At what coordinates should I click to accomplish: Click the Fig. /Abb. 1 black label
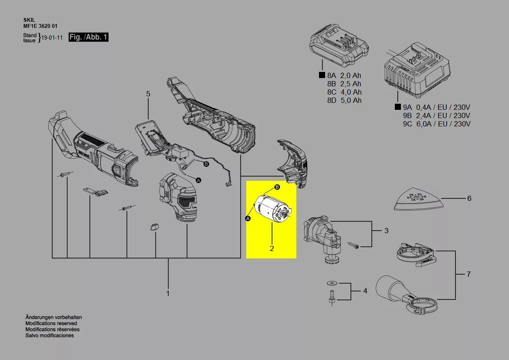[88, 37]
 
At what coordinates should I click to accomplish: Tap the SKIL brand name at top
[29, 20]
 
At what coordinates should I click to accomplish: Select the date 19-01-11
[52, 37]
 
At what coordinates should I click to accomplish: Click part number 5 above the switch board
[148, 94]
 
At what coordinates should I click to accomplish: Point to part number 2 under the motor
[271, 248]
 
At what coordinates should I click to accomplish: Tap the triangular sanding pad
[418, 199]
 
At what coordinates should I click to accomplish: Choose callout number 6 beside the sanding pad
[469, 198]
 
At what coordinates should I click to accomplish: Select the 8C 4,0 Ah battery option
[344, 92]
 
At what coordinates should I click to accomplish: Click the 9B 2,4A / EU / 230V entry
[437, 115]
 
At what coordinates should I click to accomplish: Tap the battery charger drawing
[417, 70]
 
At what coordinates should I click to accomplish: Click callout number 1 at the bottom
[168, 293]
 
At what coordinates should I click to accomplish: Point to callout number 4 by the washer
[365, 291]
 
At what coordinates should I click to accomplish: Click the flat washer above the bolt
[332, 283]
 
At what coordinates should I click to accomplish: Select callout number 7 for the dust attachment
[468, 274]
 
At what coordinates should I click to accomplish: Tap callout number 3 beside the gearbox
[386, 231]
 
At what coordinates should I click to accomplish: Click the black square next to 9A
[397, 106]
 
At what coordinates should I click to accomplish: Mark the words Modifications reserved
[51, 323]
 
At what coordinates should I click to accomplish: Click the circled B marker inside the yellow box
[277, 187]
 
